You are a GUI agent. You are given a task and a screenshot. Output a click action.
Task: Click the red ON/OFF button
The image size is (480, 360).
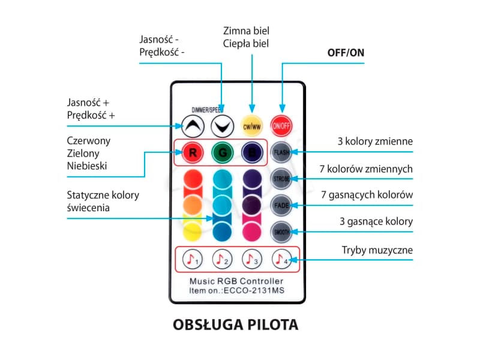click(281, 125)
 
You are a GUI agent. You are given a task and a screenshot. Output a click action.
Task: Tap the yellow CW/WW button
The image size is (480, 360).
click(251, 125)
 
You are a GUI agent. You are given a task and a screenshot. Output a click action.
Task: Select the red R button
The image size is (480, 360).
click(193, 152)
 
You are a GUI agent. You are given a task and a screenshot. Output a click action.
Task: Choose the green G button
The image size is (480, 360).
click(221, 152)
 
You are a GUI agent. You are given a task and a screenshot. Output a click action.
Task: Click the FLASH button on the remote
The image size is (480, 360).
click(281, 152)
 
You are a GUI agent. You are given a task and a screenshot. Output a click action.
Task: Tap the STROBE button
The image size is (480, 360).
click(281, 179)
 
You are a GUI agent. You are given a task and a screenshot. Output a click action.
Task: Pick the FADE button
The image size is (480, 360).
click(281, 205)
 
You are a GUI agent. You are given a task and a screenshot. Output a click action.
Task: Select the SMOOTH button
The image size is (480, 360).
click(281, 232)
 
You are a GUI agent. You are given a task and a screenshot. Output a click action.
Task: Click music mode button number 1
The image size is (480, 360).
click(192, 259)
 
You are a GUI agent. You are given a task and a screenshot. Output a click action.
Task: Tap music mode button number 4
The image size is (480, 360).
click(280, 259)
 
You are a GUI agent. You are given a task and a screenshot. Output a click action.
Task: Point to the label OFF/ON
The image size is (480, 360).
click(346, 52)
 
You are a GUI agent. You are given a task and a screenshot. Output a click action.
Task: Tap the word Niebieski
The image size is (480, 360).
click(87, 166)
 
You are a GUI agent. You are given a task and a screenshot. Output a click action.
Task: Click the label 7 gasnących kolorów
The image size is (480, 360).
click(367, 195)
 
